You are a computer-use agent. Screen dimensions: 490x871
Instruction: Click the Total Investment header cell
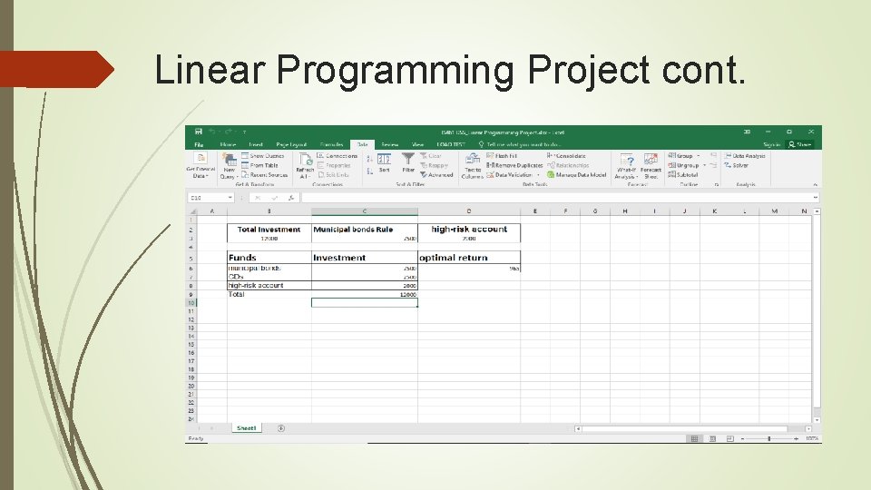pyautogui.click(x=269, y=230)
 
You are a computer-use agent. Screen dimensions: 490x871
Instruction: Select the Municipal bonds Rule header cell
pyautogui.click(x=353, y=230)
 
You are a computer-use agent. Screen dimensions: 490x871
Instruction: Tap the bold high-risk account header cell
pyautogui.click(x=468, y=230)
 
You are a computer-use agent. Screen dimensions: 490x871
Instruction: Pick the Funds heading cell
pyautogui.click(x=243, y=258)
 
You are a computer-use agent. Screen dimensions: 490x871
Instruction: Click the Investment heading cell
pyautogui.click(x=339, y=258)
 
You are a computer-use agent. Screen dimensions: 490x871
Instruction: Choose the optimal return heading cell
pyautogui.click(x=454, y=258)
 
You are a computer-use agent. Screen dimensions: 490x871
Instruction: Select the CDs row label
pyautogui.click(x=237, y=277)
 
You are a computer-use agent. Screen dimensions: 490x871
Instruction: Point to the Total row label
pyautogui.click(x=237, y=294)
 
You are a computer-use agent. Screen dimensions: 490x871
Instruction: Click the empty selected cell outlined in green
pyautogui.click(x=364, y=303)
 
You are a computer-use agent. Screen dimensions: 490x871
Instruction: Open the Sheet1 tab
pyautogui.click(x=246, y=428)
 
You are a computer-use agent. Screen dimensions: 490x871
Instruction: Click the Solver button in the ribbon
pyautogui.click(x=740, y=165)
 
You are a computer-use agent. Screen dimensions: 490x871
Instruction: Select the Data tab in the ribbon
pyautogui.click(x=362, y=144)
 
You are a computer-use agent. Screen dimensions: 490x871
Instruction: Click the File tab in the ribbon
pyautogui.click(x=199, y=144)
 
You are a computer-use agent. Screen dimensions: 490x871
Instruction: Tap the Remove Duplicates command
pyautogui.click(x=518, y=165)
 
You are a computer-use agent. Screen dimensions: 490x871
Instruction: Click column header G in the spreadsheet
pyautogui.click(x=594, y=211)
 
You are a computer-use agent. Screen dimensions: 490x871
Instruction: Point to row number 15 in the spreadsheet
pyautogui.click(x=191, y=344)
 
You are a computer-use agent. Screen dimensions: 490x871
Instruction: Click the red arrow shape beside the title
pyautogui.click(x=54, y=69)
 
